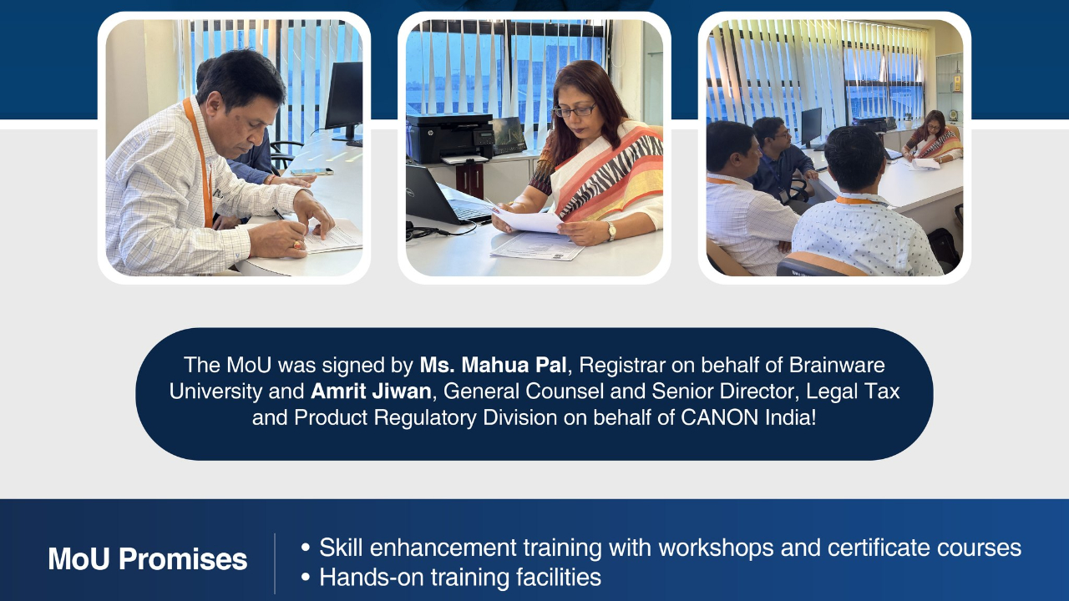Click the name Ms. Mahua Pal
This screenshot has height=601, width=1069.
493,366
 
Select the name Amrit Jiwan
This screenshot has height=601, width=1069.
372,391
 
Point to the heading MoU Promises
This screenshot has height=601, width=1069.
148,558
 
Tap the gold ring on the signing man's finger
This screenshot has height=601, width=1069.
298,245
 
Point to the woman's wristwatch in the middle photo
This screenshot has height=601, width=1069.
610,231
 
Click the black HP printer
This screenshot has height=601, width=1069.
450,138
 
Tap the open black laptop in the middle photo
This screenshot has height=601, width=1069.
446,195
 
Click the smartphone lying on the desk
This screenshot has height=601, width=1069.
312,172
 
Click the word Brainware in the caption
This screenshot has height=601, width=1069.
837,366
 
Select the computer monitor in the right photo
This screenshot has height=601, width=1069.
811,127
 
